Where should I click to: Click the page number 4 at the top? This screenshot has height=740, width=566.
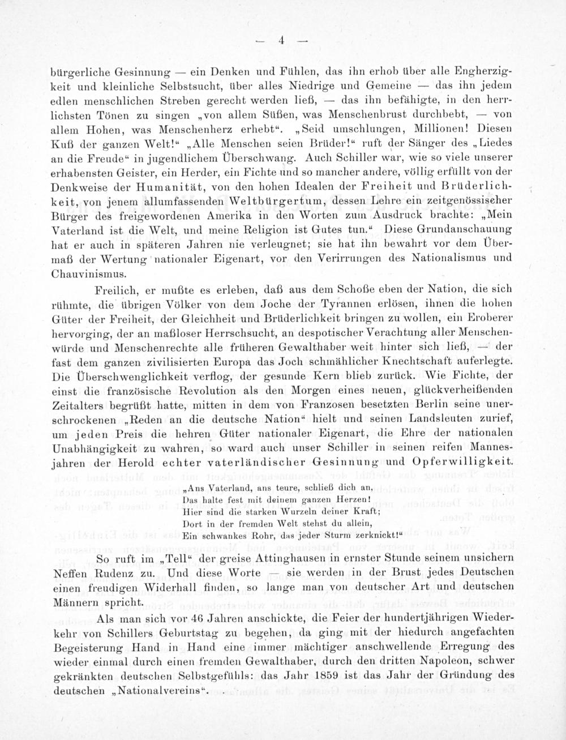[280, 40]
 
